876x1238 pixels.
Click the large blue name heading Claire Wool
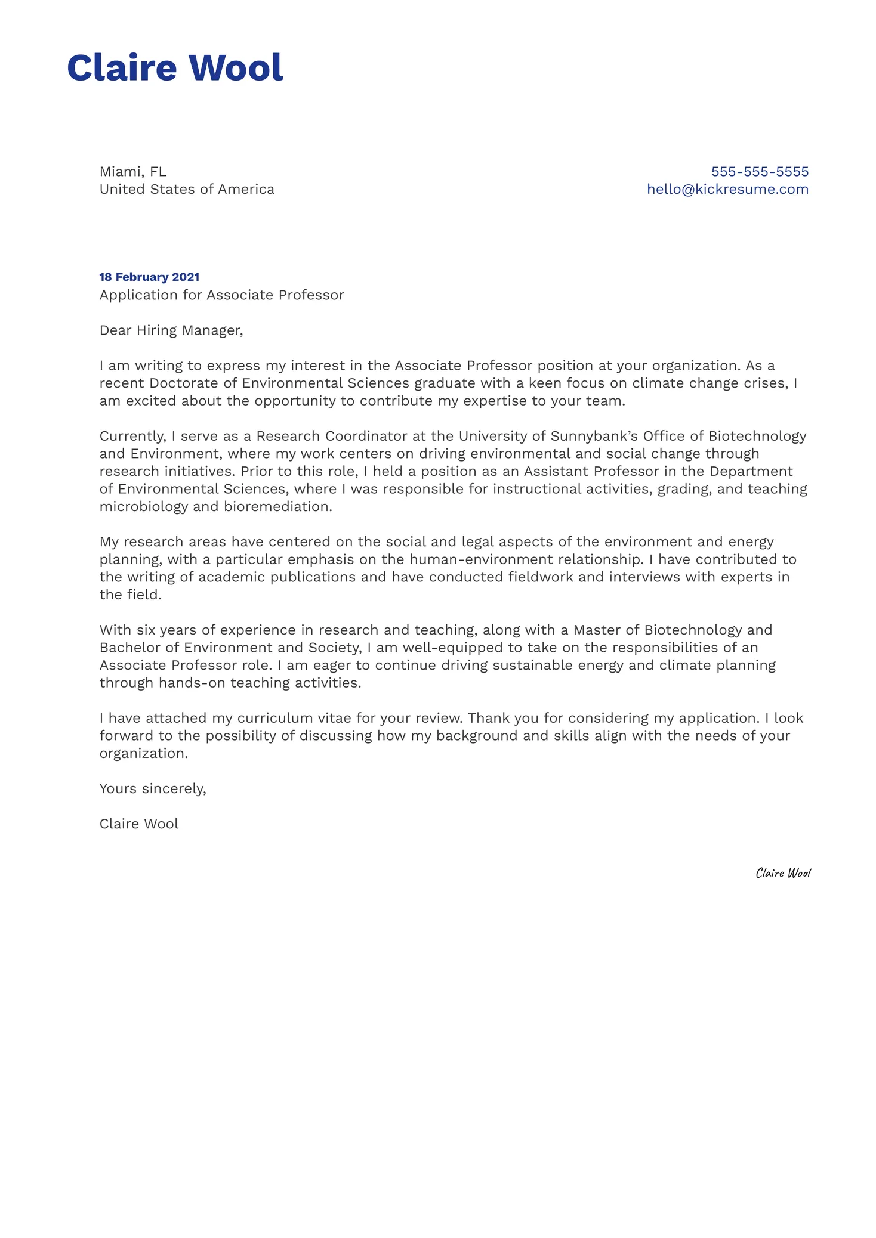[x=175, y=67]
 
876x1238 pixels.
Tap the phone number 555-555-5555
[x=760, y=172]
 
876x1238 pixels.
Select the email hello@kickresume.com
[x=727, y=189]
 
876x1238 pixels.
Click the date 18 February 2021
[x=149, y=277]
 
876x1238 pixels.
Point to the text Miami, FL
[x=132, y=172]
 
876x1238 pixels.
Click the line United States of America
[x=187, y=189]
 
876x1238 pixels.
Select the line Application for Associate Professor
[x=221, y=295]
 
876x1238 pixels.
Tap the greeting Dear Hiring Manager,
[x=171, y=330]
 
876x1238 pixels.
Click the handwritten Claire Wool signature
[x=783, y=873]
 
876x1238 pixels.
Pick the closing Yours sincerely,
[x=153, y=788]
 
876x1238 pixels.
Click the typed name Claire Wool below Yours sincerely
[x=139, y=824]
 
